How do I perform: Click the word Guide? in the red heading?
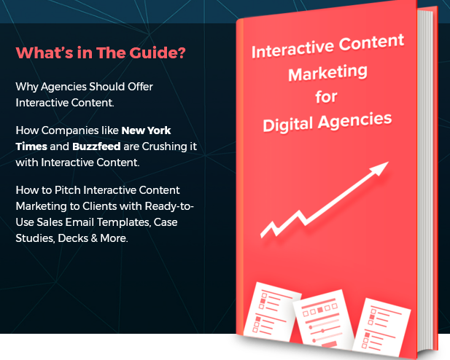(158, 53)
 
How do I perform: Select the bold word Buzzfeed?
(96, 146)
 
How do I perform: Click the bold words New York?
(146, 130)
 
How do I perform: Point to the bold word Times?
(31, 146)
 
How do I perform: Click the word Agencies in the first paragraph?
(63, 87)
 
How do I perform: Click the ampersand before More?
(94, 238)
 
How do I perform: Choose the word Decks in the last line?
(73, 238)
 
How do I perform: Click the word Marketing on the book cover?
(327, 73)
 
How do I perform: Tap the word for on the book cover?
(326, 97)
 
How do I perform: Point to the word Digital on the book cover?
(287, 125)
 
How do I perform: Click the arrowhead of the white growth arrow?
(380, 168)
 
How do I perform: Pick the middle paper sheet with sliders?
(323, 319)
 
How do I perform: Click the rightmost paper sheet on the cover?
(381, 326)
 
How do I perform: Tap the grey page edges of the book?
(425, 178)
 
